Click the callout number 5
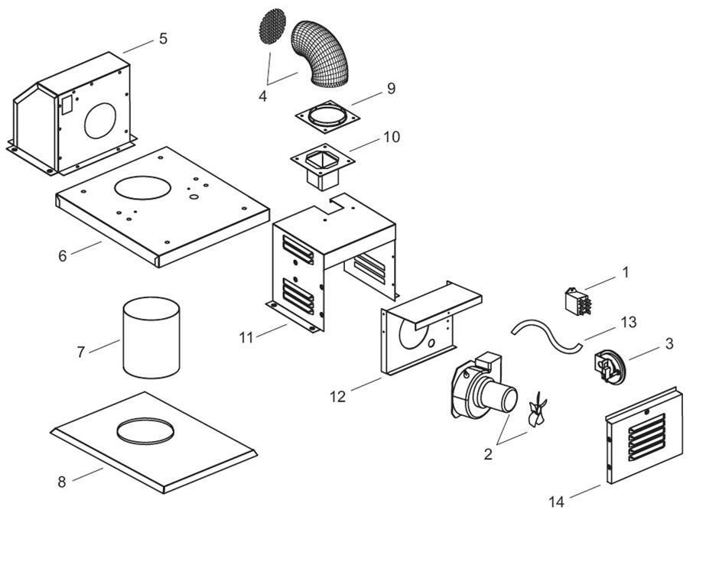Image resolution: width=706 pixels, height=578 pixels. pos(163,38)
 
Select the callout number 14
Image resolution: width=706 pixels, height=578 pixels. pos(557,502)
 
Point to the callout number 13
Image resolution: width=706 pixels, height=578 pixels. pos(628,323)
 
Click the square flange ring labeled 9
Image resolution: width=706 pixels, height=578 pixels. pos(327,118)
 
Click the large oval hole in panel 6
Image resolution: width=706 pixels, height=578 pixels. pos(144,187)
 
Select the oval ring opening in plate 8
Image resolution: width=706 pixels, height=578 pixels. pos(145,430)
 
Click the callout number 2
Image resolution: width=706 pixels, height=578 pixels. pos(488,454)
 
